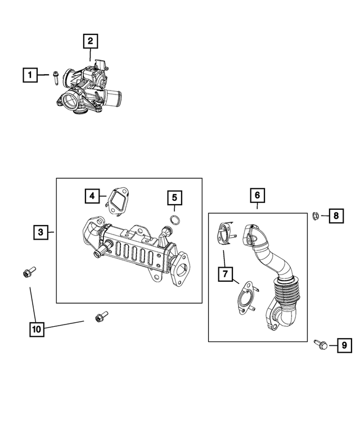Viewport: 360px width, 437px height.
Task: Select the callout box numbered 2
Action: pyautogui.click(x=91, y=40)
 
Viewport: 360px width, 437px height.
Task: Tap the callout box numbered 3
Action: pyautogui.click(x=40, y=231)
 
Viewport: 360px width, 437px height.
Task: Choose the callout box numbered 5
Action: pyautogui.click(x=174, y=197)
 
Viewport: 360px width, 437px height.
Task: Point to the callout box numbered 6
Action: pyautogui.click(x=257, y=195)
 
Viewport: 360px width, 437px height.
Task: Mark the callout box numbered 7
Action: pyautogui.click(x=225, y=274)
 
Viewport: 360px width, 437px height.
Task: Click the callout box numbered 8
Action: pyautogui.click(x=336, y=215)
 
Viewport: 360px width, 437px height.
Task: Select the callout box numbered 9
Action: pyautogui.click(x=342, y=346)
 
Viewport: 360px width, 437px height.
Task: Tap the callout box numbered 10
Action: pyautogui.click(x=37, y=330)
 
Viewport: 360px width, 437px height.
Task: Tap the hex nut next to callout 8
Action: pyautogui.click(x=317, y=215)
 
